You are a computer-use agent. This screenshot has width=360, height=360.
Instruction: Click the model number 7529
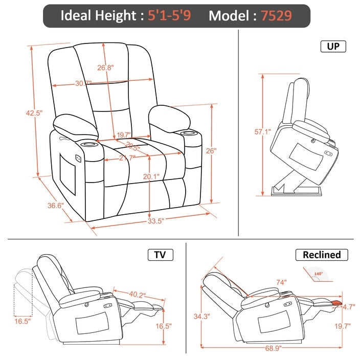[277, 15]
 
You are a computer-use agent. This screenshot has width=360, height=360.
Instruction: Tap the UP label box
[333, 47]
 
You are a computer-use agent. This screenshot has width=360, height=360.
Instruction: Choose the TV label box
[160, 255]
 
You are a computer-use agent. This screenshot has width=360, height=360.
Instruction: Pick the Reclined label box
[322, 255]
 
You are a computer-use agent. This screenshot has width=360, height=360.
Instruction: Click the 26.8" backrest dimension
[105, 67]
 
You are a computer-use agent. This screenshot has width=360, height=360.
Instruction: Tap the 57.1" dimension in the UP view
[262, 131]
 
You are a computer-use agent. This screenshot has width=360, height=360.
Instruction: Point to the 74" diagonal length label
[280, 282]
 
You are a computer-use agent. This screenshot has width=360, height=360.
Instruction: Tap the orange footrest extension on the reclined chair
[335, 303]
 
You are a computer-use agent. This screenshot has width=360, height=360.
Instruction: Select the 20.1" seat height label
[151, 176]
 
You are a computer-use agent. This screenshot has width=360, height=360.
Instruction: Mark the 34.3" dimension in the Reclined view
[202, 317]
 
